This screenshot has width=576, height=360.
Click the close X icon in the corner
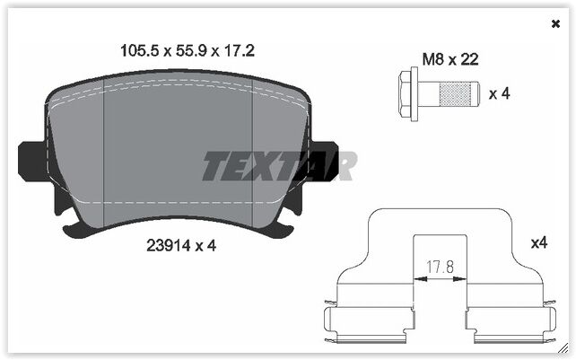[x=555, y=24]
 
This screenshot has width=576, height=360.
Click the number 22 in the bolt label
[x=469, y=60]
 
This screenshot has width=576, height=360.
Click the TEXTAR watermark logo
[x=278, y=165]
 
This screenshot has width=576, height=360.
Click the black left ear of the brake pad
[x=31, y=162]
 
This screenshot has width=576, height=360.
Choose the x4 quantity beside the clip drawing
[x=538, y=242]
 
